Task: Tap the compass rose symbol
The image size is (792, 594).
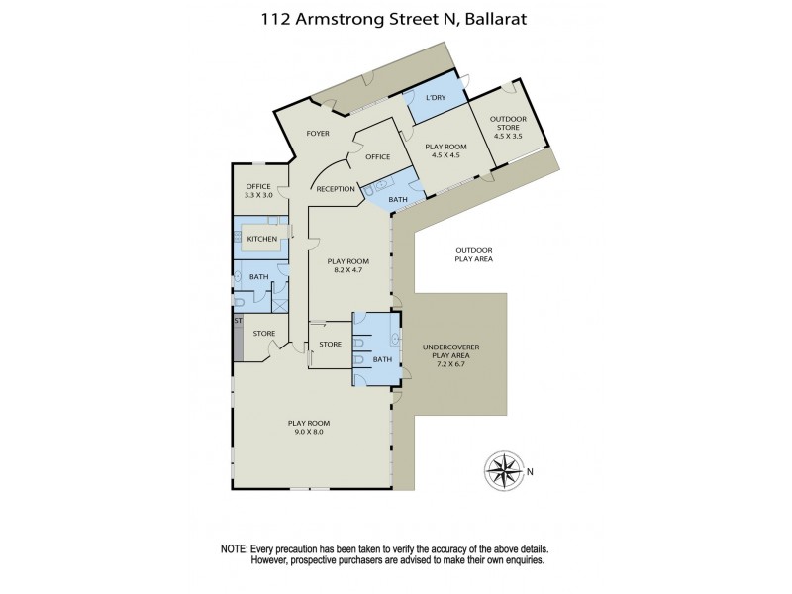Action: click(x=505, y=469)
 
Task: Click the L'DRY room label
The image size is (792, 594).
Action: click(x=436, y=99)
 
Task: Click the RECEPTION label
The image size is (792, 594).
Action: click(x=336, y=188)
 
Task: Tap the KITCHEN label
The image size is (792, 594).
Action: click(x=261, y=239)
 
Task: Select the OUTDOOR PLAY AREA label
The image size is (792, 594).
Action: click(x=474, y=254)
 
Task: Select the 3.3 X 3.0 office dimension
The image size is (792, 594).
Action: click(x=258, y=195)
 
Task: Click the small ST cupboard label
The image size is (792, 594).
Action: click(x=238, y=322)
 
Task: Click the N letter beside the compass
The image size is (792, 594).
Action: click(x=530, y=471)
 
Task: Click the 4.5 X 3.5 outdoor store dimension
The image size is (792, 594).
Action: click(x=509, y=136)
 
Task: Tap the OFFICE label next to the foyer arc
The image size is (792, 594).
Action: click(x=378, y=156)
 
